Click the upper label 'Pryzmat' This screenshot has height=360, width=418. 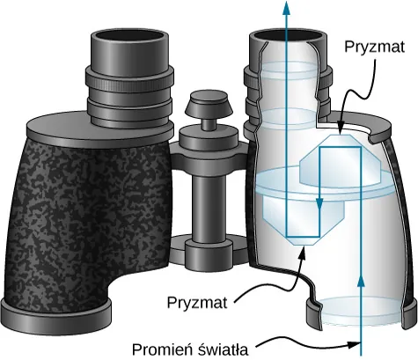(x=374, y=48)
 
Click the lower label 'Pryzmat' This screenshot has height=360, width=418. (x=197, y=302)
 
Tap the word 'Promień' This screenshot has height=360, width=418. (x=161, y=349)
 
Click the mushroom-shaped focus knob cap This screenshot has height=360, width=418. (x=209, y=104)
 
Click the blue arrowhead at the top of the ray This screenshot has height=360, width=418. (x=286, y=7)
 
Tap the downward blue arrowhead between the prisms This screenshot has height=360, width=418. (x=319, y=203)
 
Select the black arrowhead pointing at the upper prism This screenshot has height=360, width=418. (x=340, y=131)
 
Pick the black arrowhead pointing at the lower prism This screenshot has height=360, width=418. (x=303, y=252)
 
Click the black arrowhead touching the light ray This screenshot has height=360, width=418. (x=355, y=343)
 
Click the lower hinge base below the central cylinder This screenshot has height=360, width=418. (x=208, y=251)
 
